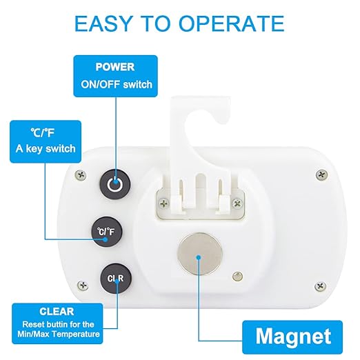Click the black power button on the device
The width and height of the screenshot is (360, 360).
[115, 184]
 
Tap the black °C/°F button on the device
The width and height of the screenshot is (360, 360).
[106, 232]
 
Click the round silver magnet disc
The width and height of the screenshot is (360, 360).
[200, 254]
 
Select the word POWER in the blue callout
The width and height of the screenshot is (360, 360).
[115, 67]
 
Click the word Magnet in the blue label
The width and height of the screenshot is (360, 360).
[293, 337]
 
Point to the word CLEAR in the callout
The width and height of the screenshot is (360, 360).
[57, 312]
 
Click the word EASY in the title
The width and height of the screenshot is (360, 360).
[103, 23]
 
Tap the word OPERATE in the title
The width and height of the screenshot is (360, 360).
[232, 23]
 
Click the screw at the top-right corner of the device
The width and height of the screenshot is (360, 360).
[321, 175]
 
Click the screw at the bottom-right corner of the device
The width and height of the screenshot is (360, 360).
[320, 286]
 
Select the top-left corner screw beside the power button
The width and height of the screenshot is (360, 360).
[81, 175]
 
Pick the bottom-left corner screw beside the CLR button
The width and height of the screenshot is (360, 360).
[83, 286]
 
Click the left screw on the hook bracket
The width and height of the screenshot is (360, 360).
[164, 203]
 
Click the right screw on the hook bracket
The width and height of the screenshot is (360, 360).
[237, 203]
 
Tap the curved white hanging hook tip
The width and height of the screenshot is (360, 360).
[223, 119]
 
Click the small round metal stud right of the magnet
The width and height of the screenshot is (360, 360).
[237, 276]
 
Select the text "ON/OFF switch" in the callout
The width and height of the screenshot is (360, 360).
[117, 85]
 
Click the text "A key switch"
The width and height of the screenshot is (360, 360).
[46, 149]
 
